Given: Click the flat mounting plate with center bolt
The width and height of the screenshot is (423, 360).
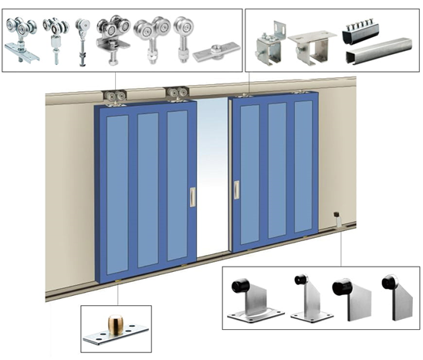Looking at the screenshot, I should click(213, 54).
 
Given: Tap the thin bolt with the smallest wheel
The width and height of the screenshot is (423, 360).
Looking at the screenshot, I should click(82, 39).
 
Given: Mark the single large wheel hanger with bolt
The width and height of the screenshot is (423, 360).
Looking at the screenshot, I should click(184, 34).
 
